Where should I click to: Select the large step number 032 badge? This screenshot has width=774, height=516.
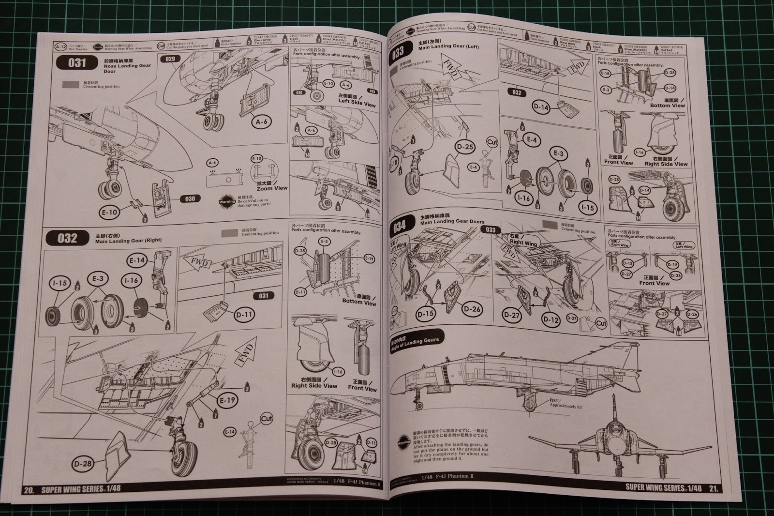click(67, 238)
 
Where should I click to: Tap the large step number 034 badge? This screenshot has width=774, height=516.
click(400, 227)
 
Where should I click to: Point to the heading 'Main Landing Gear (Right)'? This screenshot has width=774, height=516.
click(128, 240)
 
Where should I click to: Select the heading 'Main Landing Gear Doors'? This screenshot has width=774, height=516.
click(452, 221)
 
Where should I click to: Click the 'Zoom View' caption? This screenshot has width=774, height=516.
click(272, 188)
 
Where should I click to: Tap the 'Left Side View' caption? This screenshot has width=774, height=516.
click(357, 101)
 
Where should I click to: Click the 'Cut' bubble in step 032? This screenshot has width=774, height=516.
click(267, 419)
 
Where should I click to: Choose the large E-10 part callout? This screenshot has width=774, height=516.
click(110, 212)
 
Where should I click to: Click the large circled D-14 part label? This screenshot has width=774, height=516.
click(541, 107)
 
